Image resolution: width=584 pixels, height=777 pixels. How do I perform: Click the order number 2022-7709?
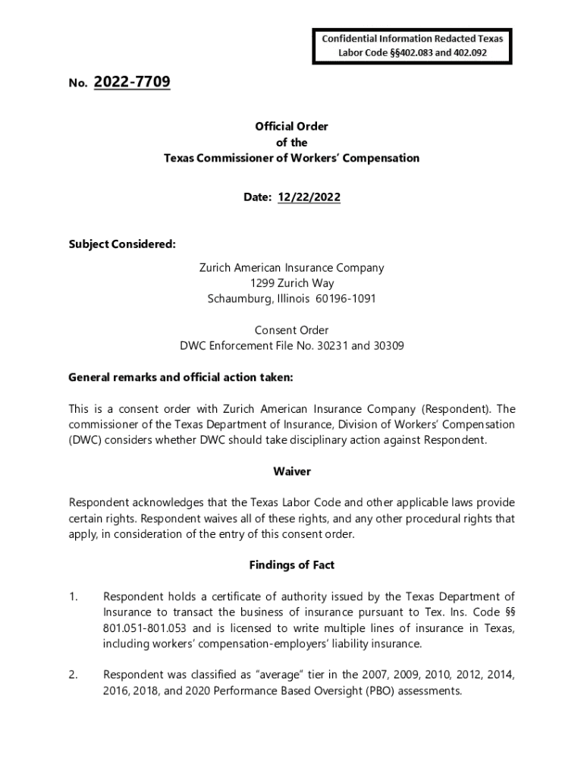coord(132,82)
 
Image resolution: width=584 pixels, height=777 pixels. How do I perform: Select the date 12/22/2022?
coord(308,197)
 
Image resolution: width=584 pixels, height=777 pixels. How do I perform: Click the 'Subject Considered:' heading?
coord(122,244)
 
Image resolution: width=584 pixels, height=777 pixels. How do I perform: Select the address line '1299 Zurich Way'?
coord(291,283)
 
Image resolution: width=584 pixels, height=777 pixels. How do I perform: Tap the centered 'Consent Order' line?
coord(291,330)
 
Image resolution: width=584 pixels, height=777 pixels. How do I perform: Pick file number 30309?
coord(385,346)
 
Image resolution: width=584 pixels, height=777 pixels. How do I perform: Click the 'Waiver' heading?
coord(291,471)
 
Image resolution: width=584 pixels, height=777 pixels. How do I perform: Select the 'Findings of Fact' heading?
coord(291,565)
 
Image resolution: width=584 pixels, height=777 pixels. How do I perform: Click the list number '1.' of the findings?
coord(74,597)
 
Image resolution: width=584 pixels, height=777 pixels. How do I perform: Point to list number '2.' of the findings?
coord(74,675)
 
